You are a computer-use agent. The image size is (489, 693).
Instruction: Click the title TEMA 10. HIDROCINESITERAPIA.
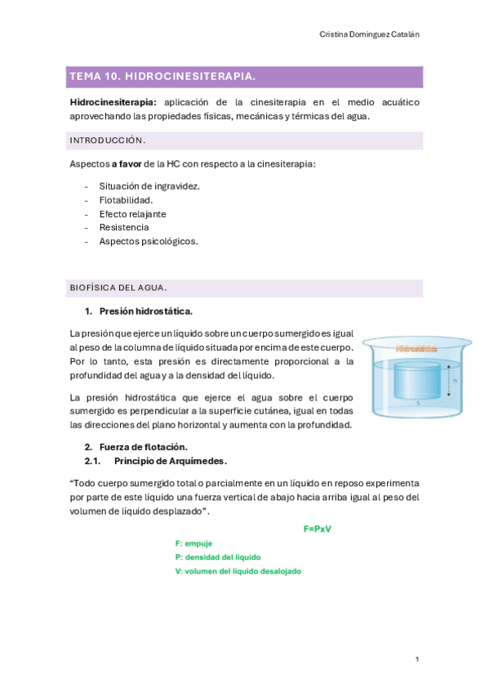point(162,77)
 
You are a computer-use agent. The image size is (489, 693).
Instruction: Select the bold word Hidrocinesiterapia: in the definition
point(113,102)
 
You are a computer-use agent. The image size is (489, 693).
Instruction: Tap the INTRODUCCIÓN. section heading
point(108,141)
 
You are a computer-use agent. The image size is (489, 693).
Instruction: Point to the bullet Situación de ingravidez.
point(149,186)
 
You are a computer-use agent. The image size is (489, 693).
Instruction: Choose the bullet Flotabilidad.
point(126,199)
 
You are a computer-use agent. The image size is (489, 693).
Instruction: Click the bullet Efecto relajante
point(132,213)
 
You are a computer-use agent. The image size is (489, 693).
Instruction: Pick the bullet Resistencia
point(124,227)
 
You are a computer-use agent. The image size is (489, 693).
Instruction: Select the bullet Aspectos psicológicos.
point(149,241)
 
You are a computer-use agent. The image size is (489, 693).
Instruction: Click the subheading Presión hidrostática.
point(146,311)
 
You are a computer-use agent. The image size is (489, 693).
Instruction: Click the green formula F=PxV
point(317,529)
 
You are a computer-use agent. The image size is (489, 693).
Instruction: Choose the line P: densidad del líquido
point(218,557)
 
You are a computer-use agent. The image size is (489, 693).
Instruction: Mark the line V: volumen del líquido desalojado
point(238,571)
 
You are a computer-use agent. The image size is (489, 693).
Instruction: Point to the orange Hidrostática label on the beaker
point(416,348)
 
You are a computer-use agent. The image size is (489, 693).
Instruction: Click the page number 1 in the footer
point(416,659)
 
